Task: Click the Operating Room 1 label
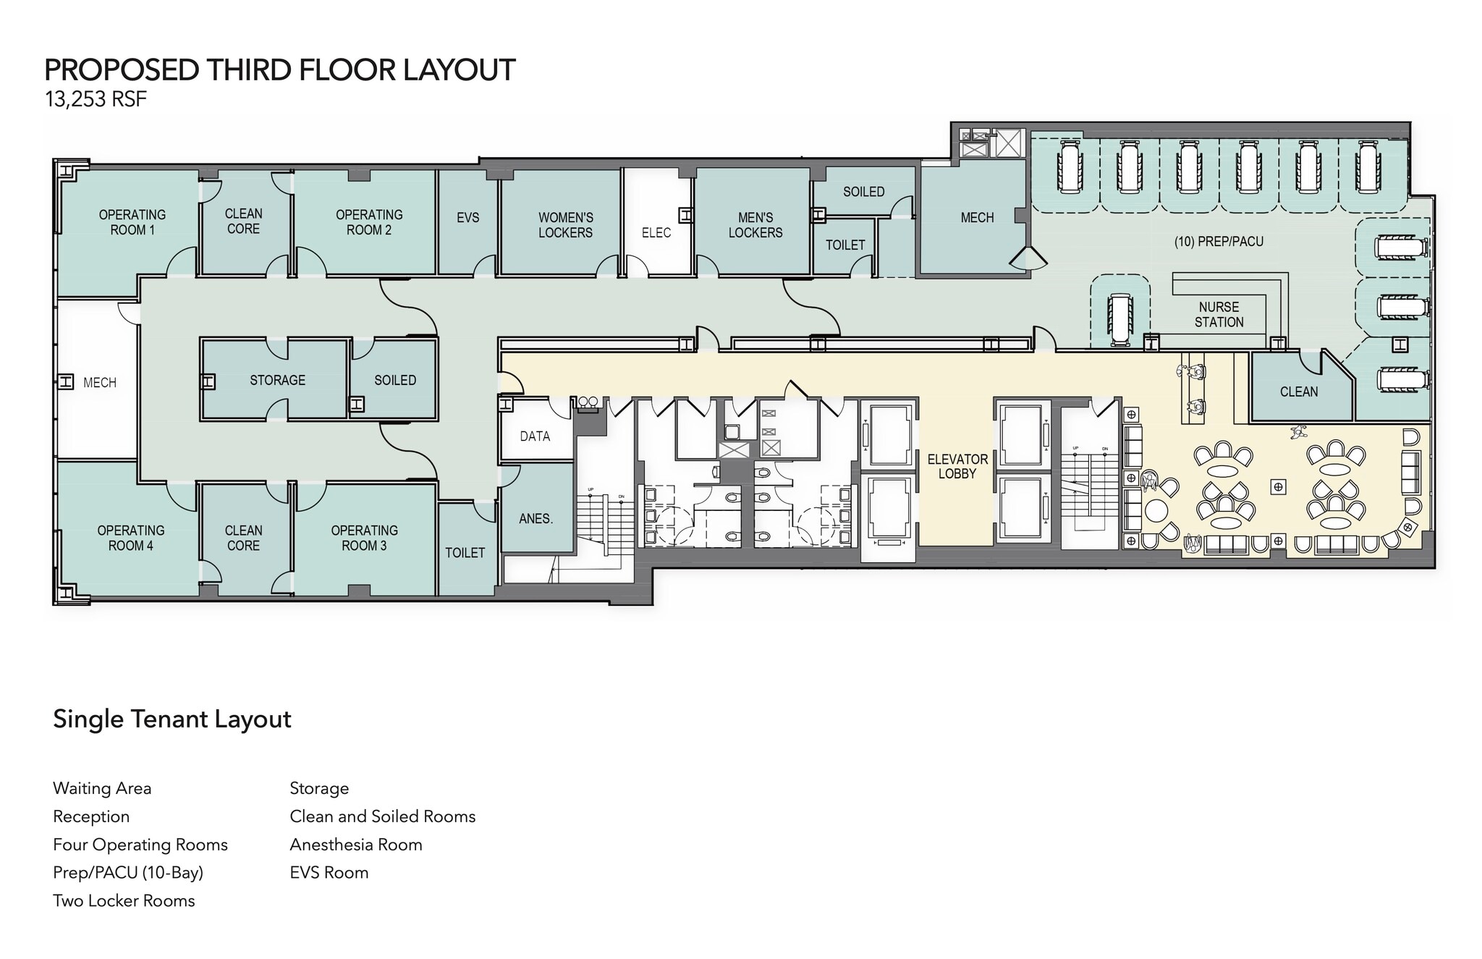132,222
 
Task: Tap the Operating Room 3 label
364,538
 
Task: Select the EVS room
467,218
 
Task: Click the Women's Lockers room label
565,225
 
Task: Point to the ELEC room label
656,233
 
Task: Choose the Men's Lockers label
755,225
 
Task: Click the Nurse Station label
1219,315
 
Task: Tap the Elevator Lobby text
957,466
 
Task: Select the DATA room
535,436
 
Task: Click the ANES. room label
535,519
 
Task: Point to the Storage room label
277,380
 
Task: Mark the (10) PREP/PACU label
1219,242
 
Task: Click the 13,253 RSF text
96,99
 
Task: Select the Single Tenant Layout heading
172,719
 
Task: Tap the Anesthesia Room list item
355,845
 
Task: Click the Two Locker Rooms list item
124,901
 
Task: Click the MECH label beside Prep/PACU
977,218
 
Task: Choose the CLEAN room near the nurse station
1298,392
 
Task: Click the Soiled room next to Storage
394,380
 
